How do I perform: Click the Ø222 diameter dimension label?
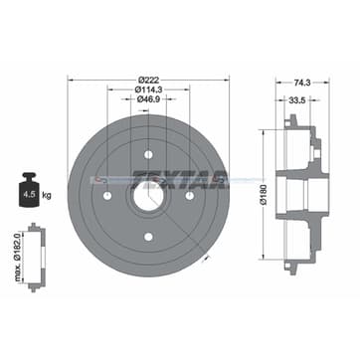tap(150, 79)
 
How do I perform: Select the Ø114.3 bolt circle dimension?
tap(150, 90)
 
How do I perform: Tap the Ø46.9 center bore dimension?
tap(150, 100)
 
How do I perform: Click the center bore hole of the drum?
tap(149, 194)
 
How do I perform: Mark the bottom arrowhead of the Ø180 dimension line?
tap(264, 256)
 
